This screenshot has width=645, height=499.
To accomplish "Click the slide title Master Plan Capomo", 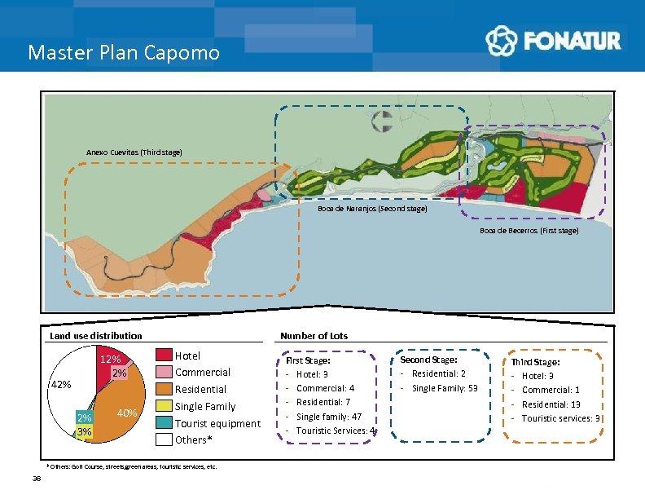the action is point(124,53).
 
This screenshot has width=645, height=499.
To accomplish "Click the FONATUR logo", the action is point(553,40).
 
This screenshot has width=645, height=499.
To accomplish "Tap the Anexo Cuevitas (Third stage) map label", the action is point(134,152).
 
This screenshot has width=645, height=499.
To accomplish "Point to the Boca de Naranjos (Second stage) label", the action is point(372,209).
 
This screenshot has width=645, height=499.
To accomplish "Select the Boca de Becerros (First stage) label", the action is point(529,231).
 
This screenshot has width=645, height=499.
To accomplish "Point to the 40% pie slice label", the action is point(126,413).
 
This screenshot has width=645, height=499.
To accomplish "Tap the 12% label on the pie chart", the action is point(110,360).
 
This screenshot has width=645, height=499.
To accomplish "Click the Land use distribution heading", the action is point(96,336).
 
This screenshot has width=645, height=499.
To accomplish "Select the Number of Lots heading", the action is point(314,336).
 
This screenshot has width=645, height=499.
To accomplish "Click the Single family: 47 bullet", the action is point(329,417).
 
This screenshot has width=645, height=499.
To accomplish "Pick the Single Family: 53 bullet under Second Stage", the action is point(444,388).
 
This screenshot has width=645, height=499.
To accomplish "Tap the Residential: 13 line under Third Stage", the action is point(551,404).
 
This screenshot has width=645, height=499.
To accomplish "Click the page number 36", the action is point(37,478).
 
